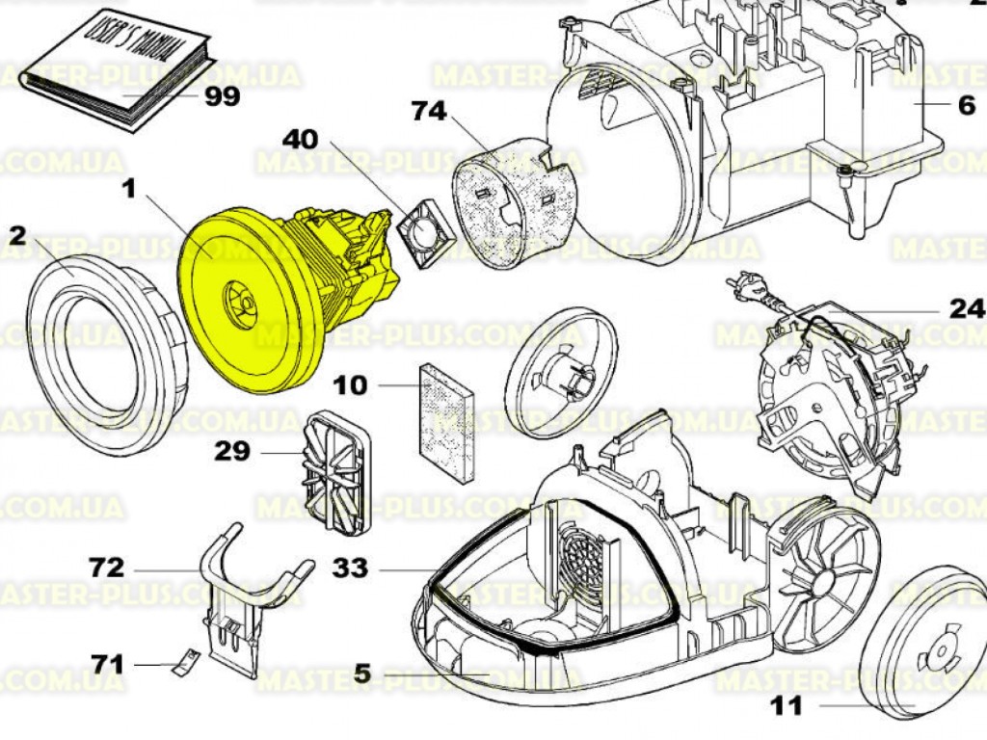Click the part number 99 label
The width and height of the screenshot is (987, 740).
[220, 96]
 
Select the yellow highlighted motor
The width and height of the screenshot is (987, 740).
[270, 299]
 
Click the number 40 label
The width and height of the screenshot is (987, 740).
[299, 139]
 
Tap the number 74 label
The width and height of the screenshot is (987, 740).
[429, 113]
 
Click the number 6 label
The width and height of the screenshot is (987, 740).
[966, 107]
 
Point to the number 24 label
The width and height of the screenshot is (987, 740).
[966, 309]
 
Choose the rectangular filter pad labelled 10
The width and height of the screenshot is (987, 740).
[448, 422]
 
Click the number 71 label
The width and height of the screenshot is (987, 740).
[108, 664]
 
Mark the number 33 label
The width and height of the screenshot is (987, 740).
[348, 568]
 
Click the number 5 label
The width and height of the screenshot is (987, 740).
[361, 674]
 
